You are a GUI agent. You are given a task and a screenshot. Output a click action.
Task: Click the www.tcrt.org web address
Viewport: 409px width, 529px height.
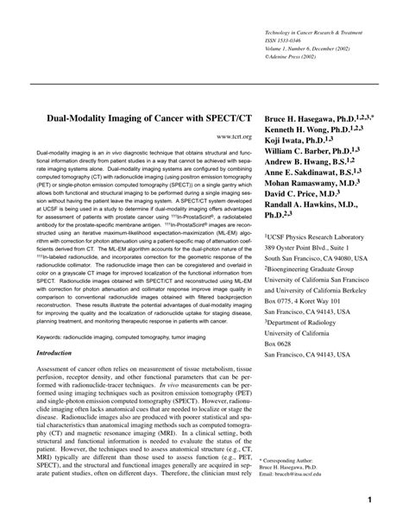click(234, 136)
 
